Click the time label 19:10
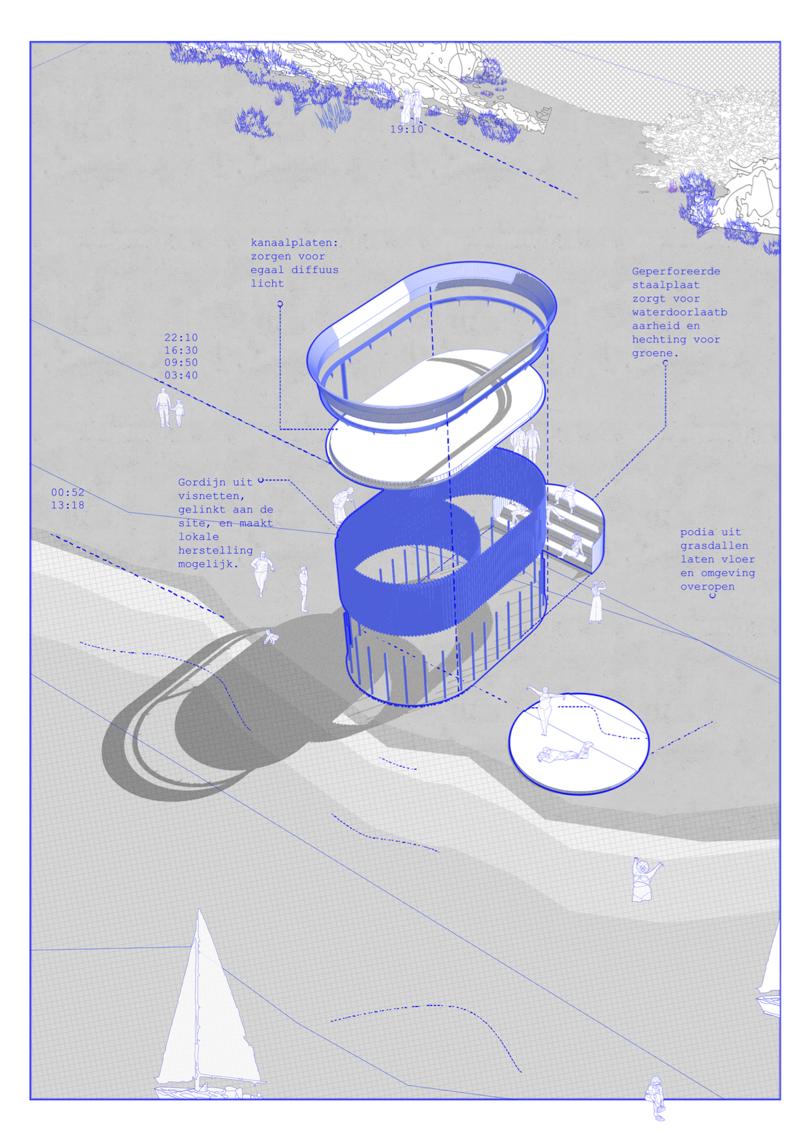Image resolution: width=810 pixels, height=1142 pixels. [x=406, y=129]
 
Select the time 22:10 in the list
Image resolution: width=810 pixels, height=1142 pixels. [x=181, y=338]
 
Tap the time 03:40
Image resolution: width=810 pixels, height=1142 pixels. [x=181, y=375]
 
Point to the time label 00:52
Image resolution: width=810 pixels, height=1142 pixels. [x=68, y=493]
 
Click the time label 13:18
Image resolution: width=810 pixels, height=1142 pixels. [x=68, y=505]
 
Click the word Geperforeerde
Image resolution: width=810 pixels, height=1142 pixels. [x=676, y=272]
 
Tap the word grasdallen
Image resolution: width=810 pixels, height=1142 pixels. [x=714, y=546]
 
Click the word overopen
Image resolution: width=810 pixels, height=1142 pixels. [x=707, y=587]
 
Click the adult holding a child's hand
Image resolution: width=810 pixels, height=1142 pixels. [x=163, y=408]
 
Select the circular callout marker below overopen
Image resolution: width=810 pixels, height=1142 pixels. [x=713, y=596]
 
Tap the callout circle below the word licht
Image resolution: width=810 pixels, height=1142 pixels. [x=280, y=304]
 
